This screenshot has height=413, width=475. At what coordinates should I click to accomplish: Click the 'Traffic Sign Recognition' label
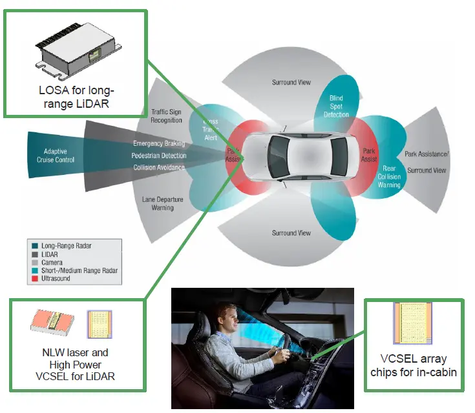click(x=167, y=116)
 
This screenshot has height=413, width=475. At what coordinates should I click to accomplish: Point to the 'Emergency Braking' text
click(x=159, y=143)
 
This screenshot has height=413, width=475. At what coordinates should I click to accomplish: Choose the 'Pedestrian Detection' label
click(x=159, y=156)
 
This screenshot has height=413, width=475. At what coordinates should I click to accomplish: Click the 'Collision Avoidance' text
click(x=159, y=168)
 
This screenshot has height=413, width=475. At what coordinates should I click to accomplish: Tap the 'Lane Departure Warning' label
click(x=163, y=203)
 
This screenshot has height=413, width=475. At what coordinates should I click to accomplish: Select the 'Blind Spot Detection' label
click(x=336, y=106)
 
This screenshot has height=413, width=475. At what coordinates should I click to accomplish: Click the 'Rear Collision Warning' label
click(x=390, y=176)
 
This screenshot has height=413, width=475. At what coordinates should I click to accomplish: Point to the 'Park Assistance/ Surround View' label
click(x=427, y=162)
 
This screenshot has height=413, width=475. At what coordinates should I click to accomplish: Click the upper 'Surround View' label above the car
click(x=291, y=83)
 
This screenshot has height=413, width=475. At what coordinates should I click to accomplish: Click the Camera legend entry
click(x=52, y=263)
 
